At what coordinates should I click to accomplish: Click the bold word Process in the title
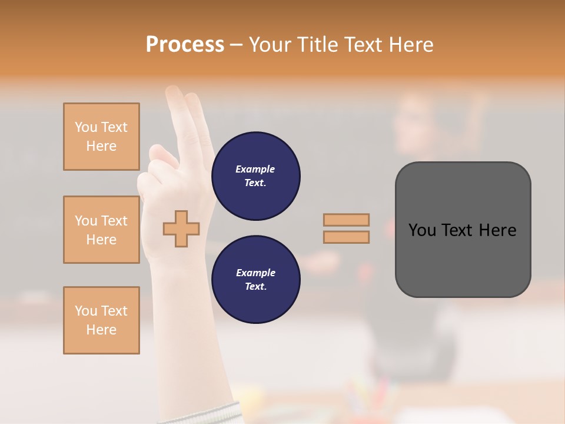coord(185,45)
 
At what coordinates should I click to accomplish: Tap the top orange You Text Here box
coord(101,137)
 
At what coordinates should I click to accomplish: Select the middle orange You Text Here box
coord(101,230)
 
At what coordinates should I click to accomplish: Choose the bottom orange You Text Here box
coord(101,320)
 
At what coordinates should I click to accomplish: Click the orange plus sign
coord(181,228)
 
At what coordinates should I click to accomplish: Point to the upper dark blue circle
coord(256,175)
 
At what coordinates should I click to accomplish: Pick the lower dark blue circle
coord(256,279)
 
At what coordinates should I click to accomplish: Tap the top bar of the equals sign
coord(346,220)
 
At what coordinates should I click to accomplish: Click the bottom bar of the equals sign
coord(346,237)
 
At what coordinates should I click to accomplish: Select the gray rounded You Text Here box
coord(463,230)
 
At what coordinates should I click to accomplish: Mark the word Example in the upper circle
coord(255,169)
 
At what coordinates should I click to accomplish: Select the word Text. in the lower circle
coord(255,286)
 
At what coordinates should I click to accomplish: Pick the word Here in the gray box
coord(498,230)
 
